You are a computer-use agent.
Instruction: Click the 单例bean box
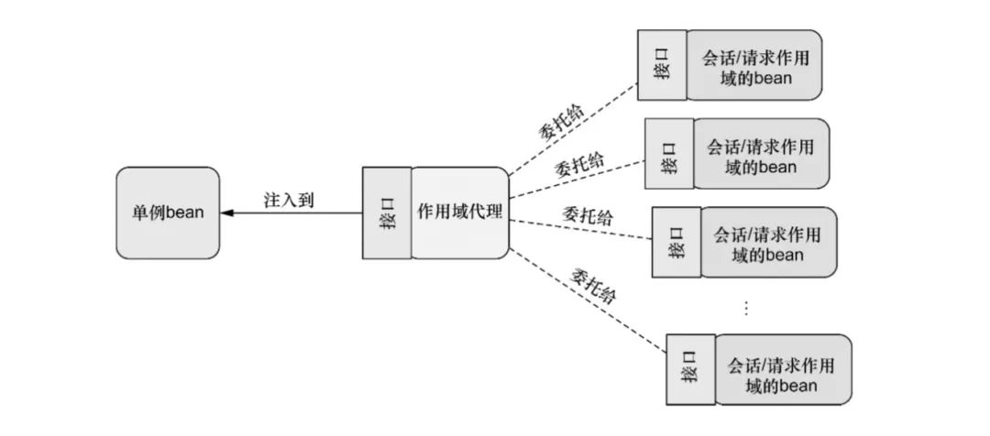168,213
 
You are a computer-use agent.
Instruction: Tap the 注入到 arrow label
288,200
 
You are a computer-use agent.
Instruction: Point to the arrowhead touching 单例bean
226,213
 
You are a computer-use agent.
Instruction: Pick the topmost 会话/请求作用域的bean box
753,67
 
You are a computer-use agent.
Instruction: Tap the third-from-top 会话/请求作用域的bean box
767,243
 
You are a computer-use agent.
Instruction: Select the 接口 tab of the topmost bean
662,67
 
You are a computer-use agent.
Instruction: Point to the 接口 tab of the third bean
676,243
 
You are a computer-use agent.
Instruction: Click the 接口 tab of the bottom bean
690,370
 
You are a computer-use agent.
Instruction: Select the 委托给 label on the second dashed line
579,166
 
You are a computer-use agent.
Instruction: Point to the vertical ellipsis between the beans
745,308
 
